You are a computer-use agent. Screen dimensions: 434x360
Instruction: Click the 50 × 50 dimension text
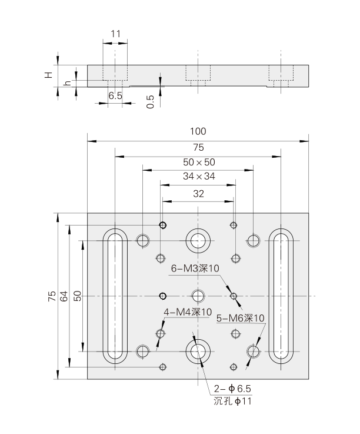(x=198, y=161)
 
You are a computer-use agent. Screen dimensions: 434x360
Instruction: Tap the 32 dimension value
(x=198, y=193)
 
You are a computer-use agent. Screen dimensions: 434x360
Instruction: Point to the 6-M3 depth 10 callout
(x=195, y=269)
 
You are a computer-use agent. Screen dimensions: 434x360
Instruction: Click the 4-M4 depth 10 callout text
(x=187, y=312)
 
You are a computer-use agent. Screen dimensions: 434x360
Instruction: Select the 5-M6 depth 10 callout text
(x=241, y=318)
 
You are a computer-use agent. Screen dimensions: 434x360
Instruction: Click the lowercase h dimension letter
(x=68, y=82)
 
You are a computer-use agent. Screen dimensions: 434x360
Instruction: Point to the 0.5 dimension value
(x=151, y=101)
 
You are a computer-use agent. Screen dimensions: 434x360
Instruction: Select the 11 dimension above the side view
(x=115, y=34)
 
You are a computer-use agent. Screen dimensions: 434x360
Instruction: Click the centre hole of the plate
(x=198, y=296)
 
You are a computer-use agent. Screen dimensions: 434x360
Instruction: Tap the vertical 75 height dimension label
(x=51, y=296)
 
